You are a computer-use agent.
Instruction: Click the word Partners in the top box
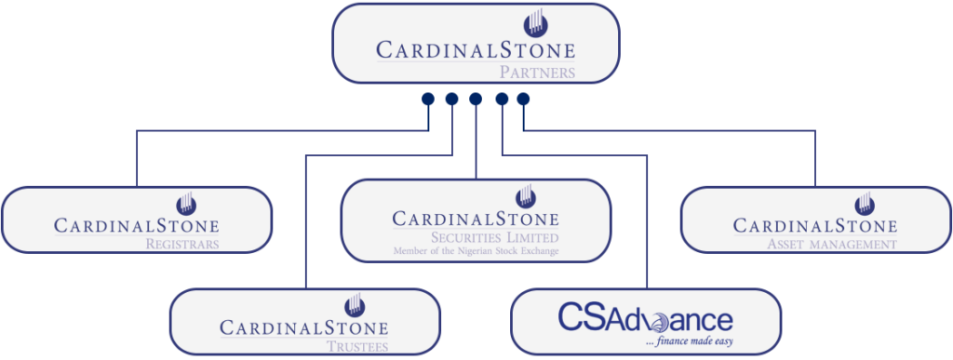click(x=537, y=71)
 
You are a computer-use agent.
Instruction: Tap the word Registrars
click(x=181, y=245)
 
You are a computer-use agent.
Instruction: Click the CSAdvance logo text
click(x=645, y=319)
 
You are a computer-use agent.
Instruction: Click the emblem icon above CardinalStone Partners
click(x=535, y=22)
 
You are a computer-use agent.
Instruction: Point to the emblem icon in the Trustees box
click(x=354, y=304)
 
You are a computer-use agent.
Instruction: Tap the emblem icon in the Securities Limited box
click(x=527, y=196)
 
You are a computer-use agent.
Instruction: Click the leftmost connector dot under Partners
click(x=427, y=99)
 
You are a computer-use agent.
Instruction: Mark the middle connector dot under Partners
click(x=476, y=99)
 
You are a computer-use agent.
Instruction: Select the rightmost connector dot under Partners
click(x=523, y=99)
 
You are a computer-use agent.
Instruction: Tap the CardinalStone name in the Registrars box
click(x=137, y=226)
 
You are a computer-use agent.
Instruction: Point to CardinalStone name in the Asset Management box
click(x=815, y=226)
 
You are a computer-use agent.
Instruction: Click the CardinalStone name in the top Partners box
click(x=476, y=49)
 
